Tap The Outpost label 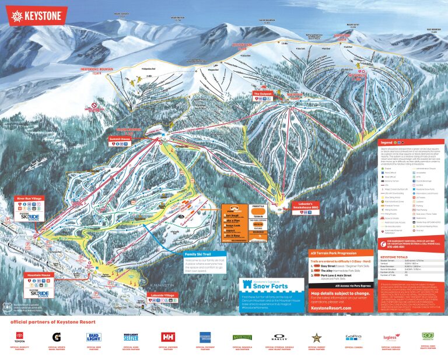pyautogui.click(x=262, y=93)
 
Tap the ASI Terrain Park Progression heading pyautogui.click(x=340, y=253)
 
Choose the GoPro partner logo pyautogui.click(x=353, y=337)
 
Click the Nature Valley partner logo pyautogui.click(x=242, y=337)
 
